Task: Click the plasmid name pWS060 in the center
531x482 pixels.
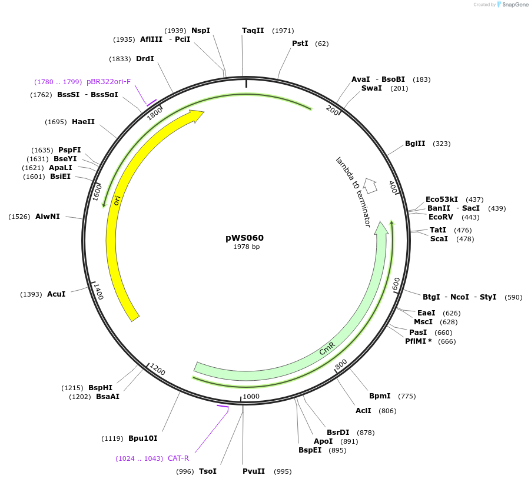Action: point(244,238)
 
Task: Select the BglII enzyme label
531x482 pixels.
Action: point(414,144)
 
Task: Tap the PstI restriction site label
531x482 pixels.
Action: point(300,44)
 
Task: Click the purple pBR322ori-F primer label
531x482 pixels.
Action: point(108,82)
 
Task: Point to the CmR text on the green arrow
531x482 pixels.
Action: point(327,348)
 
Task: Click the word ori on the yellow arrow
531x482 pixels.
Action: point(118,201)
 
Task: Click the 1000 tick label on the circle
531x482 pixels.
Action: point(251,396)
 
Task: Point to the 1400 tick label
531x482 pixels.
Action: point(98,291)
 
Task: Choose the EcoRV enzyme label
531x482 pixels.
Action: point(441,217)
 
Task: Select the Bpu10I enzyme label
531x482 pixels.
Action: point(142,438)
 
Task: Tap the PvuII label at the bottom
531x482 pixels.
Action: point(254,471)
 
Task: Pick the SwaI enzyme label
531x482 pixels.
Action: point(371,88)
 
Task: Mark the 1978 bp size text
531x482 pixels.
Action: point(246,247)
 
